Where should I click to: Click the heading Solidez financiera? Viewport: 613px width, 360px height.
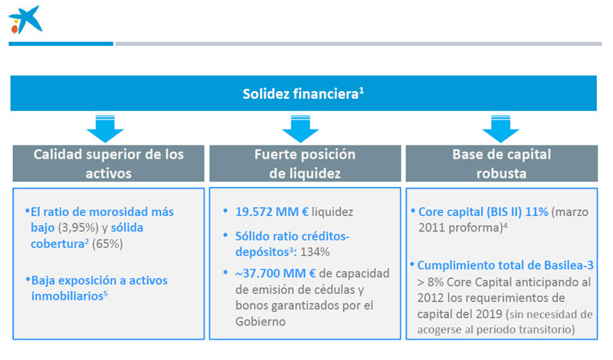303,93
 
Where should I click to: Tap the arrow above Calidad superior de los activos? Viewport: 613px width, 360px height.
105,129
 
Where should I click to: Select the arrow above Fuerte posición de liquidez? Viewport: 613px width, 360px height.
300,129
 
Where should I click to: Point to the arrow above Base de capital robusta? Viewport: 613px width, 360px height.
500,129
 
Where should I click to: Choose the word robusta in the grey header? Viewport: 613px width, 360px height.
501,173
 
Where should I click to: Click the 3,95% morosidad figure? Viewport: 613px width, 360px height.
79,227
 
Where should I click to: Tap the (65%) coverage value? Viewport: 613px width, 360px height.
107,244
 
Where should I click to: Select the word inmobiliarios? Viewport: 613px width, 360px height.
67,296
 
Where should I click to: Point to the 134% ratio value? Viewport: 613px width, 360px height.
315,252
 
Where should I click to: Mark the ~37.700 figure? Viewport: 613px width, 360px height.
257,273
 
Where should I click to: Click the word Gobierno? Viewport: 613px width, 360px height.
261,322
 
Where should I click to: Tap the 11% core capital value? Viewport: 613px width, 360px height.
536,212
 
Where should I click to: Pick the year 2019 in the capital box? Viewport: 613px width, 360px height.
489,314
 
